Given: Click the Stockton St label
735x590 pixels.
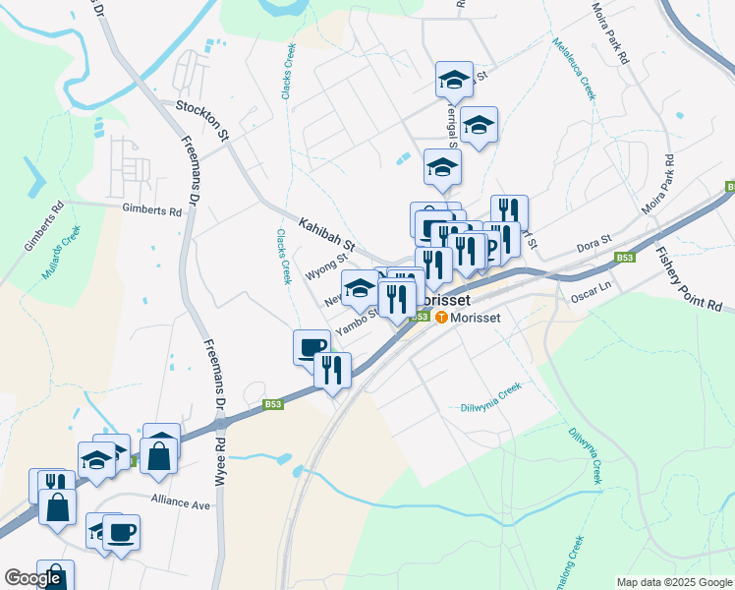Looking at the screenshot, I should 202,119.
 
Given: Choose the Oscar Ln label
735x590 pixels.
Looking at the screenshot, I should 592,286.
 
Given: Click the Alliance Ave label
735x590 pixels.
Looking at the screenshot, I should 181,502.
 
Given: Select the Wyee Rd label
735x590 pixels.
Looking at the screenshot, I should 220,468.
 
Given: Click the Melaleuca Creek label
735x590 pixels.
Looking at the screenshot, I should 574,69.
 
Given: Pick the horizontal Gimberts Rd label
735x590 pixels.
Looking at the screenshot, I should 152,210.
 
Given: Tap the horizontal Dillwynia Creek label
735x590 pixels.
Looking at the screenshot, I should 488,400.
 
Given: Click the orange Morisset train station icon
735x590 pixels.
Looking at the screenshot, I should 441,317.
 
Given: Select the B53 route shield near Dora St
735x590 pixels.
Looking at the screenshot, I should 625,258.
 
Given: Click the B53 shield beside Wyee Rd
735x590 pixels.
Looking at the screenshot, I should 274,403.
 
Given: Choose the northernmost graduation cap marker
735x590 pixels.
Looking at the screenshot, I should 454,80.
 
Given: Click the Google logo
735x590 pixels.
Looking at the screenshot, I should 32,578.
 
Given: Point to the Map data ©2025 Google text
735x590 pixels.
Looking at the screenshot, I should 673,582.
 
